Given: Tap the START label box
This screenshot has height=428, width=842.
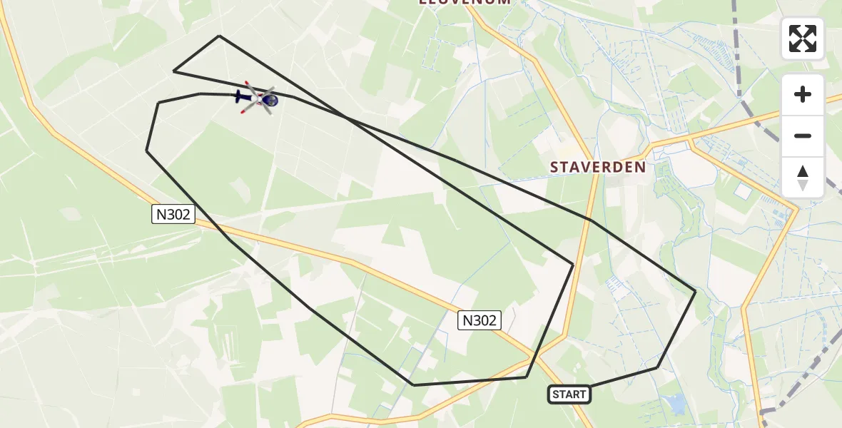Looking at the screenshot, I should click(x=569, y=394).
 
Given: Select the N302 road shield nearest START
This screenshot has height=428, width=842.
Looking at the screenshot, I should click(x=479, y=321).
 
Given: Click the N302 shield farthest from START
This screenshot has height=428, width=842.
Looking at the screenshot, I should click(x=173, y=214).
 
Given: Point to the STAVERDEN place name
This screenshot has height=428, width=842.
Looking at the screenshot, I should click(x=598, y=167).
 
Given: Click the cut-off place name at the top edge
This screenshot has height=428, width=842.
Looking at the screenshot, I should click(x=465, y=3).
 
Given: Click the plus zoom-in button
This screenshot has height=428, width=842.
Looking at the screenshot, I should click(x=803, y=95).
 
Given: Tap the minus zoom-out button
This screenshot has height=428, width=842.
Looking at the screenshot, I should click(x=803, y=136).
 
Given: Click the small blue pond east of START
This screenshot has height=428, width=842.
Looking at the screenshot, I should click(x=675, y=404).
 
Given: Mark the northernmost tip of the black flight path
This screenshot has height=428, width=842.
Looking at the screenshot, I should click(x=219, y=36).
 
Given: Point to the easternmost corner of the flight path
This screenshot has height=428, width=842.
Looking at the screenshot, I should click(x=695, y=290).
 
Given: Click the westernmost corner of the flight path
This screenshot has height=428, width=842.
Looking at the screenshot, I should click(x=147, y=151).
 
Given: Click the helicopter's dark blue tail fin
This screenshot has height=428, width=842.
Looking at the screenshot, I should click(x=239, y=95).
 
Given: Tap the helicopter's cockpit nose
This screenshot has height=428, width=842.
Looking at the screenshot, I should click(x=272, y=101).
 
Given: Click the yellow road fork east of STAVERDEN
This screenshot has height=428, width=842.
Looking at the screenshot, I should click(x=691, y=143).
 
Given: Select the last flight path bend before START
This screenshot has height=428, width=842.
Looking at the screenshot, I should click(x=657, y=367).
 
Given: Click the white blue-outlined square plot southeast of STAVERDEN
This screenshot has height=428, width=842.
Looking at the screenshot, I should click(x=744, y=191).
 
